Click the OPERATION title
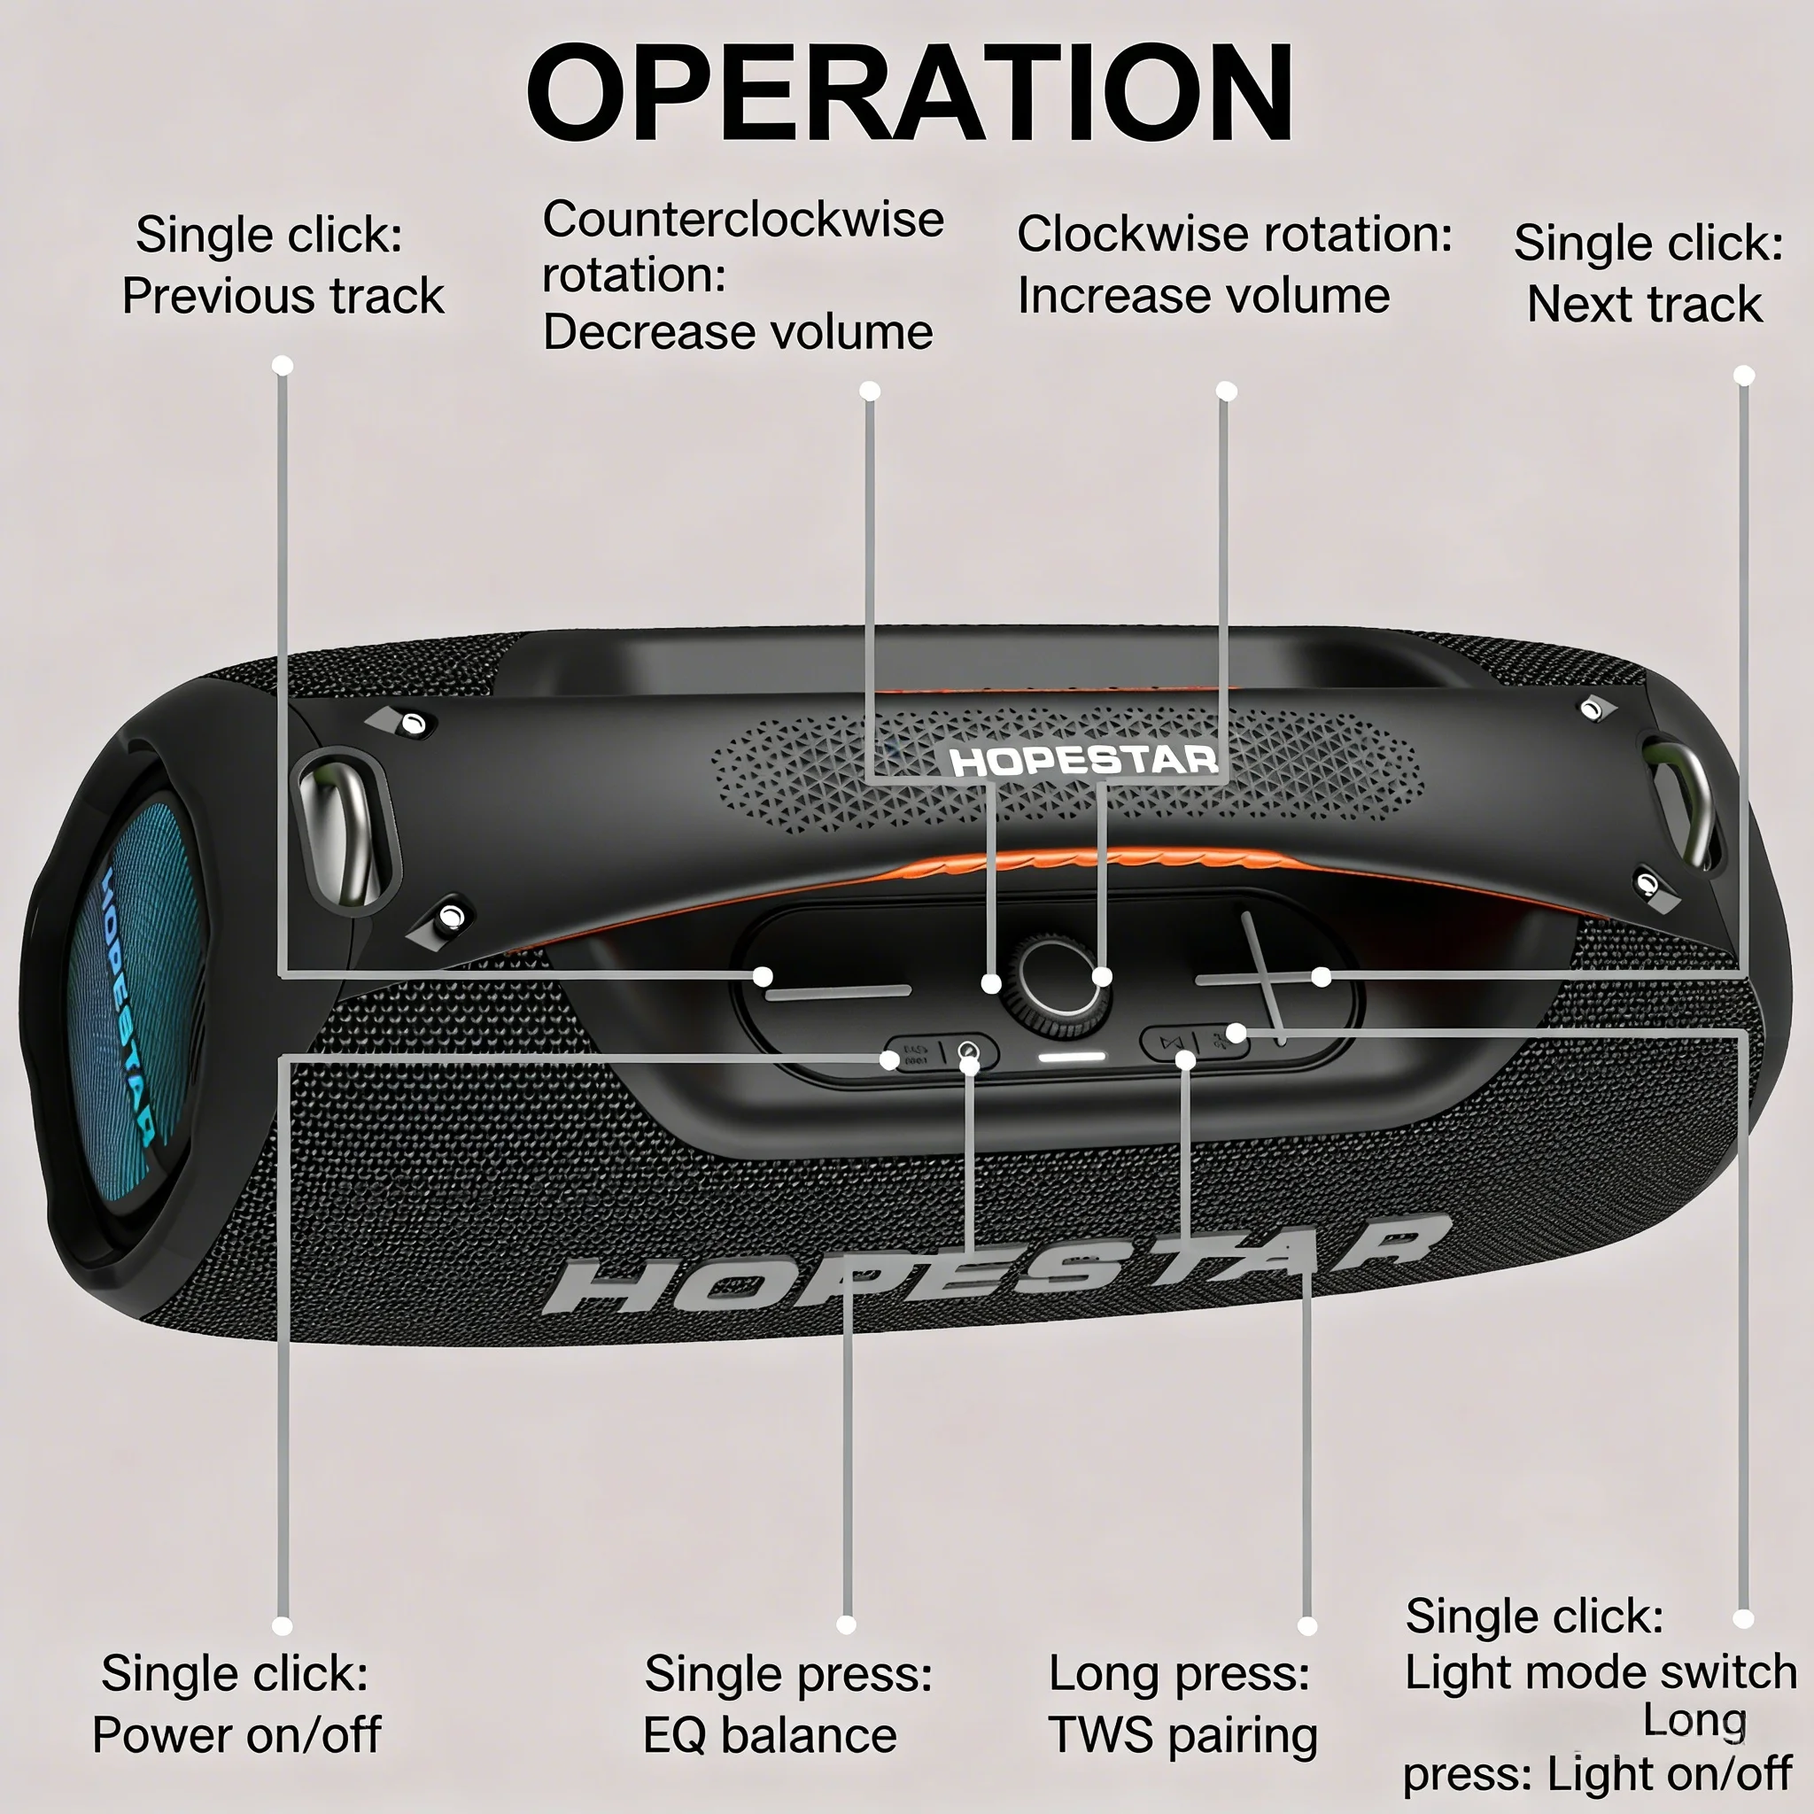click(909, 94)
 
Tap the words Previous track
click(283, 297)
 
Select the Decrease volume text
click(738, 332)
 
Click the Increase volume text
click(1204, 297)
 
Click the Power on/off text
click(236, 1735)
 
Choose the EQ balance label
click(770, 1735)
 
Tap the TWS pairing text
click(1183, 1735)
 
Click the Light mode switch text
click(1600, 1672)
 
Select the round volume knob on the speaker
click(1053, 984)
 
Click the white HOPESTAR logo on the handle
click(1083, 761)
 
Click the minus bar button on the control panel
click(838, 991)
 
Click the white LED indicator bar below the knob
click(1073, 1058)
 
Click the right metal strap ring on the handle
click(1685, 803)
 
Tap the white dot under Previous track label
click(283, 365)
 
